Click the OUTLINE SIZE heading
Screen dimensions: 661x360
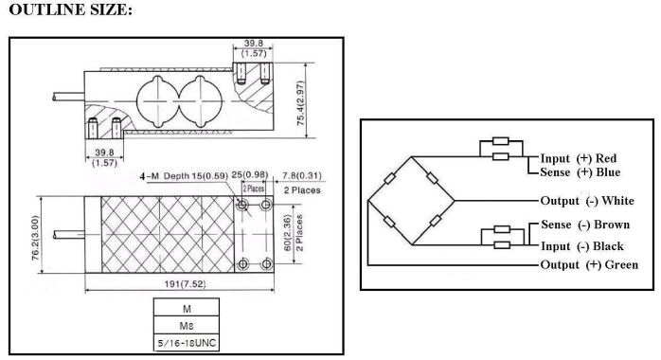(x=70, y=9)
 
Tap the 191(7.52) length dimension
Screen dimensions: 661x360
(x=185, y=284)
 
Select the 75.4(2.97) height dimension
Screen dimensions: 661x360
(x=300, y=103)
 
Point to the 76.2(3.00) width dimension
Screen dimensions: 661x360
(x=35, y=238)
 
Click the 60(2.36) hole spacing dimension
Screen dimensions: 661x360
(x=288, y=233)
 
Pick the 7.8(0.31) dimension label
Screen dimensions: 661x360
(x=302, y=175)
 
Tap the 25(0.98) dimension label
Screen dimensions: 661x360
(x=250, y=174)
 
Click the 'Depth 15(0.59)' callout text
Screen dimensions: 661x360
(x=196, y=176)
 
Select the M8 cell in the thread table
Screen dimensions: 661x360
(x=187, y=326)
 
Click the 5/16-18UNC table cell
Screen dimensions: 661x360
(x=187, y=343)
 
